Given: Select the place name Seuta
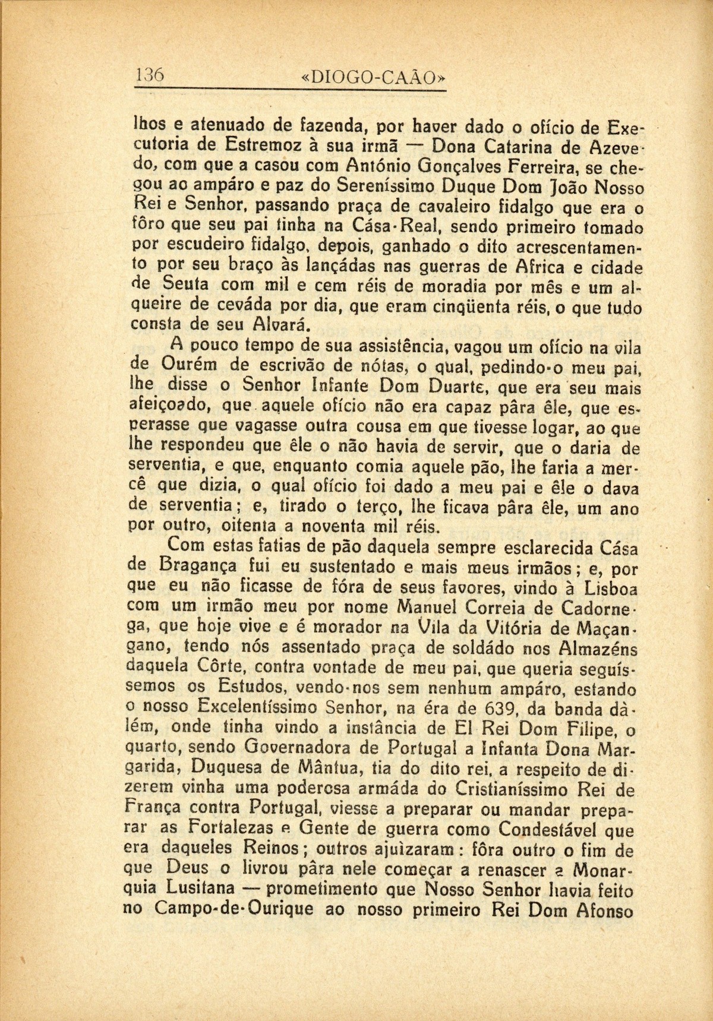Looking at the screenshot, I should [x=184, y=286].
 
